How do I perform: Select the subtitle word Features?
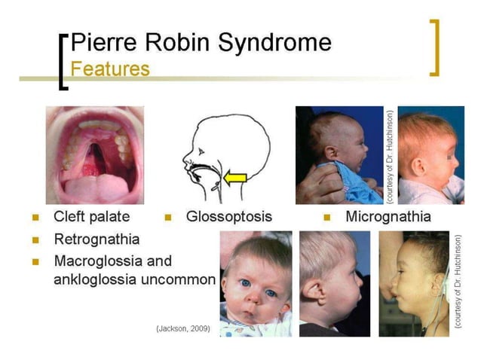pos(109,69)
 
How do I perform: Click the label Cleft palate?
pos(91,217)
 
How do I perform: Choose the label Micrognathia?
pos(388,217)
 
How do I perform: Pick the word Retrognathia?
pos(97,240)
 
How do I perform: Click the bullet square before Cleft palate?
pos(35,218)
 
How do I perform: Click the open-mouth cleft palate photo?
pos(94,155)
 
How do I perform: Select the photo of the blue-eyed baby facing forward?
pos(256,283)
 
